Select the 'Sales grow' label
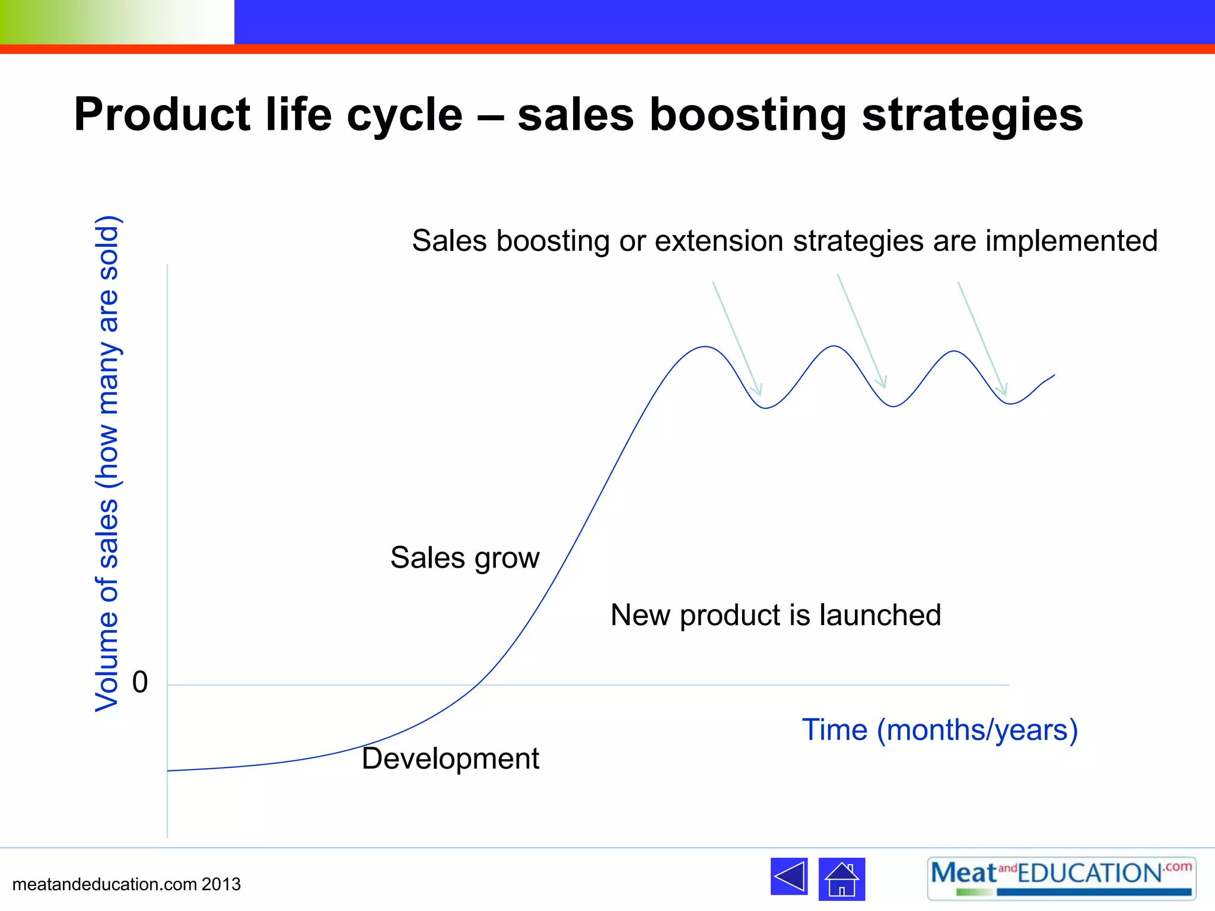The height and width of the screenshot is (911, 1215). [465, 558]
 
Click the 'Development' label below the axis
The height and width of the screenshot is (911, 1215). [450, 759]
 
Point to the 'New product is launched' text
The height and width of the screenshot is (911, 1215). [775, 615]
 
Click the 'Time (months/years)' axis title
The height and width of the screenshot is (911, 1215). [940, 730]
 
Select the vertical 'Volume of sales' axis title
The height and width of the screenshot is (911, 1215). [108, 464]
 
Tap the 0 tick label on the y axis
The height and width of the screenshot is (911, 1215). [140, 683]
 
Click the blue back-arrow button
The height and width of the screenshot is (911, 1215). [789, 877]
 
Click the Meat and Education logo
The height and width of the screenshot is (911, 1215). [1061, 878]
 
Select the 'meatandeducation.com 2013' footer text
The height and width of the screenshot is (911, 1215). [126, 884]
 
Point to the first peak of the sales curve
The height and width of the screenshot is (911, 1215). [705, 346]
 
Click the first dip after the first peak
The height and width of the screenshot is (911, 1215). [766, 407]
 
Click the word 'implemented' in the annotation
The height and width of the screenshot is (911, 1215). [1071, 241]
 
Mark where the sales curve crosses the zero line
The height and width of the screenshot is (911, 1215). [478, 685]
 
